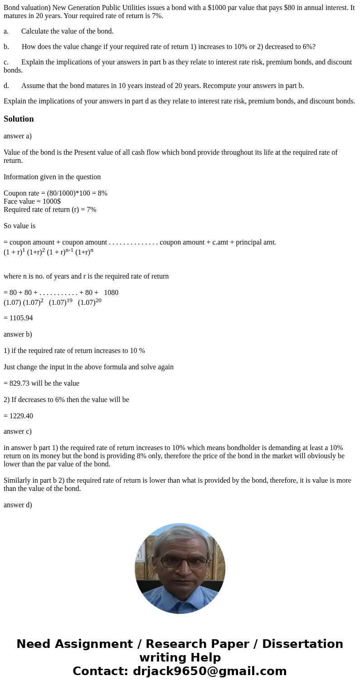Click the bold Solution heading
(19, 119)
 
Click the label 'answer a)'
(18, 136)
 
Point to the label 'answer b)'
(18, 334)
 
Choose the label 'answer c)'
(18, 431)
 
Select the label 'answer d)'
(18, 505)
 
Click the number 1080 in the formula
(111, 293)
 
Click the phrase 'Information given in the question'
(52, 177)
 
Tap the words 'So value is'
(19, 226)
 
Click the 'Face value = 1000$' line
(32, 201)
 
